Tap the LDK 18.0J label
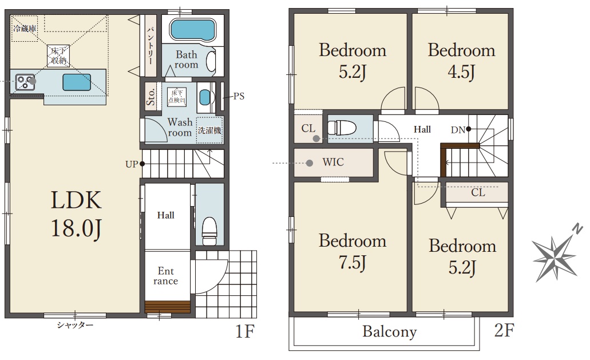point(76,214)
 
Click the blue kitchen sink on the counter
point(77,82)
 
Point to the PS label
point(239,96)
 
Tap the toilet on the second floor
point(342,128)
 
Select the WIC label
point(333,162)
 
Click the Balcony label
point(390,332)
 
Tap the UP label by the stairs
point(131,164)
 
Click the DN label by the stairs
point(458,130)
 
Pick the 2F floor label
point(504,330)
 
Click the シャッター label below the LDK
point(75,325)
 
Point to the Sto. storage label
point(151,97)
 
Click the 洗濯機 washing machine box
point(209,130)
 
